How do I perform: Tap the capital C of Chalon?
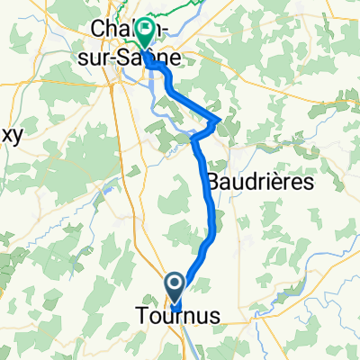pos(97,30)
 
